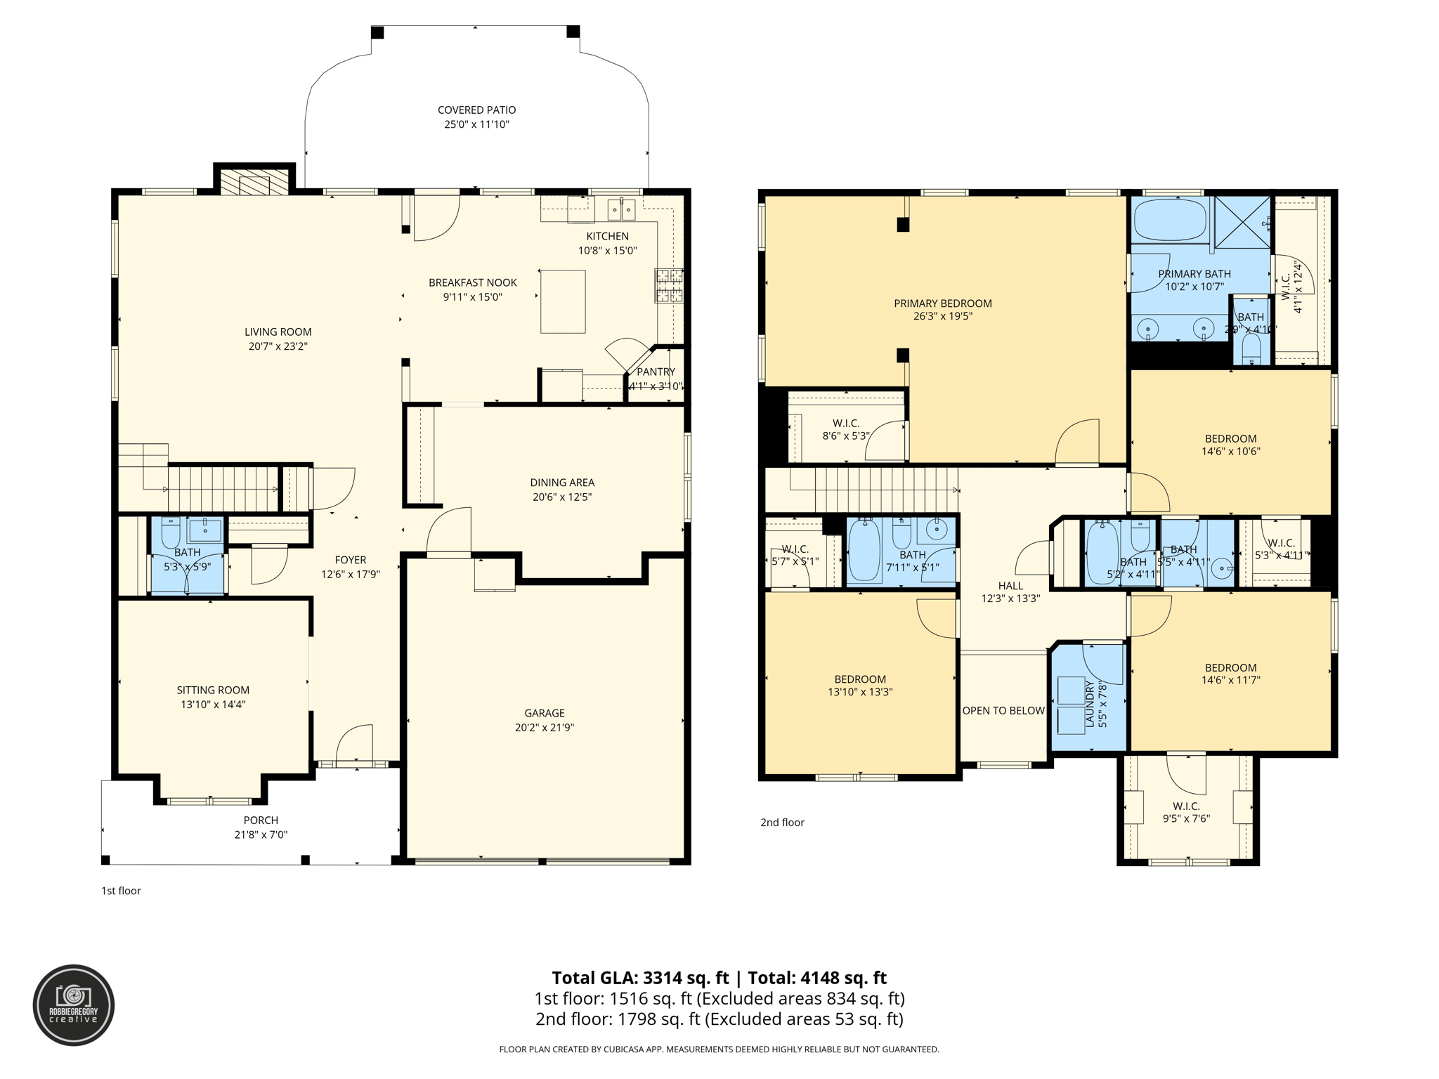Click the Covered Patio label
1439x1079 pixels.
pos(476,110)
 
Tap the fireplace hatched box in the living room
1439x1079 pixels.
pos(254,182)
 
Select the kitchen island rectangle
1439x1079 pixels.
pos(563,301)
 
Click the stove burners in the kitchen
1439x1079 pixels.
pos(669,285)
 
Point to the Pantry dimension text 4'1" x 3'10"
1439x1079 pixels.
pos(656,386)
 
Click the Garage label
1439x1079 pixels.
pos(544,713)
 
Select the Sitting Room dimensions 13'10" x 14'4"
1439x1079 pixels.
pos(213,705)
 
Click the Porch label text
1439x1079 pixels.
pos(261,820)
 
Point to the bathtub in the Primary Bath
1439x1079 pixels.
pos(1170,221)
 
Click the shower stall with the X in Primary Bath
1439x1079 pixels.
pos(1242,223)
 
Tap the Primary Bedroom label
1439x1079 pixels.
pos(943,303)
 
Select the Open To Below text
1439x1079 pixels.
pos(1003,711)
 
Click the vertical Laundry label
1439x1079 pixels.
pos(1090,704)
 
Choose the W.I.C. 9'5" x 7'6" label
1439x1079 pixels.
pos(1186,806)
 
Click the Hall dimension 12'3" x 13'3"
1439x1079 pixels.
pos(1010,599)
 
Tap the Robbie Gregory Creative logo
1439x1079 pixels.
pos(74,1005)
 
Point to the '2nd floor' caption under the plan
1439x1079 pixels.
pos(782,823)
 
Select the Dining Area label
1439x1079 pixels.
pos(562,483)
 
